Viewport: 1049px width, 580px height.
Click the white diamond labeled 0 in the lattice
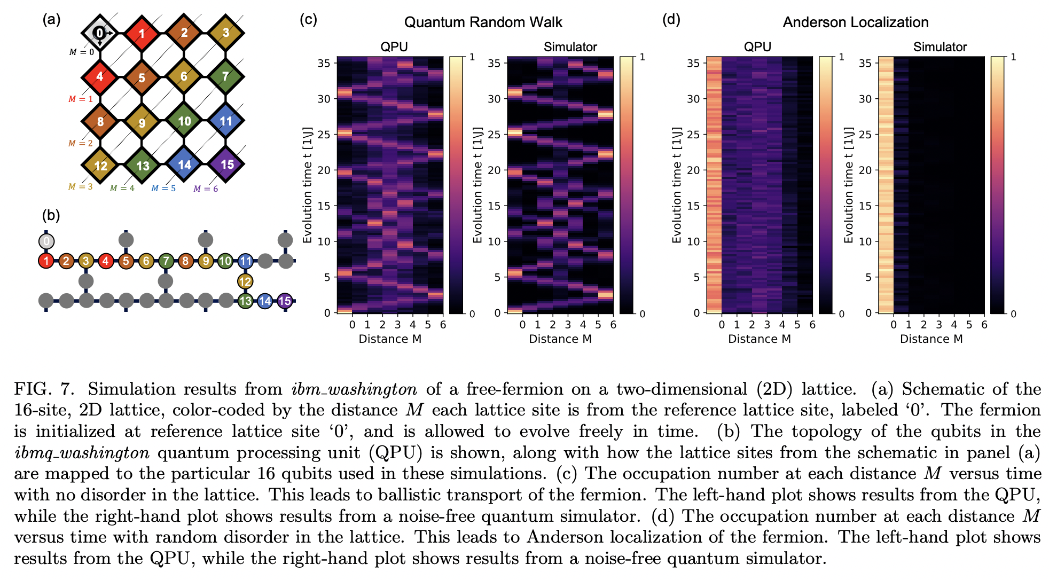coord(100,33)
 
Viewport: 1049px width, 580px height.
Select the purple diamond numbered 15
coord(226,164)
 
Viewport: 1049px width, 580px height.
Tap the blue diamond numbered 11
coord(226,121)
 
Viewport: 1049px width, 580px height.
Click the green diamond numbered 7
coord(225,76)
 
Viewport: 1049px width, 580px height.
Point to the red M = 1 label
coord(81,99)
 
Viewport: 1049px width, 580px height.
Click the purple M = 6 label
coord(206,189)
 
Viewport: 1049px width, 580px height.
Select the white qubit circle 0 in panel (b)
coord(46,241)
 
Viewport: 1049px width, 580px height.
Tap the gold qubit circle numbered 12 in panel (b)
coord(245,281)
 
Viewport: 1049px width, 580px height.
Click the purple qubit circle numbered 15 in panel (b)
coord(285,301)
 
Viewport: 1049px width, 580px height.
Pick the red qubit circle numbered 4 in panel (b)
coord(106,261)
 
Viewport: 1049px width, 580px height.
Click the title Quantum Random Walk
coord(483,22)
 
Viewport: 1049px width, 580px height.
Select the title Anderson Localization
coord(855,22)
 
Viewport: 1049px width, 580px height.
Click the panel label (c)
coord(308,20)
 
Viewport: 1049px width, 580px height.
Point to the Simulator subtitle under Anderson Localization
coord(940,47)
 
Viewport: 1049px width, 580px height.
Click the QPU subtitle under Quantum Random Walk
coord(394,47)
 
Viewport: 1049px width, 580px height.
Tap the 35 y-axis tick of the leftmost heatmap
coord(324,63)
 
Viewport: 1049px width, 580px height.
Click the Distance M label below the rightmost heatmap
coord(931,339)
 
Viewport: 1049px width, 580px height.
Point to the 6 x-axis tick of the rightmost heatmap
coord(984,325)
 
